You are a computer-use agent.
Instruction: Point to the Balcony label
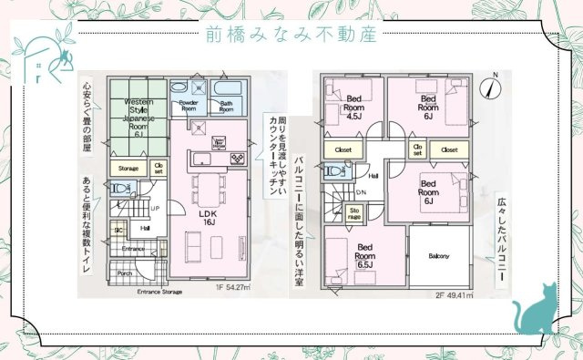pyautogui.click(x=441, y=256)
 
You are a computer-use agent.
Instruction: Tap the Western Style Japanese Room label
pyautogui.click(x=138, y=117)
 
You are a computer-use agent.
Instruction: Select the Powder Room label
pyautogui.click(x=189, y=106)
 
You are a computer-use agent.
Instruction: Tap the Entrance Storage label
pyautogui.click(x=159, y=292)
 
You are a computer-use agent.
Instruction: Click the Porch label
pyautogui.click(x=125, y=273)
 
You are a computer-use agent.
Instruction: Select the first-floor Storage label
pyautogui.click(x=128, y=168)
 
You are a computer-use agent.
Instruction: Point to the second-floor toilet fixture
pyautogui.click(x=334, y=170)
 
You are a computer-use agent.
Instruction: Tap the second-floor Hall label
pyautogui.click(x=373, y=175)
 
